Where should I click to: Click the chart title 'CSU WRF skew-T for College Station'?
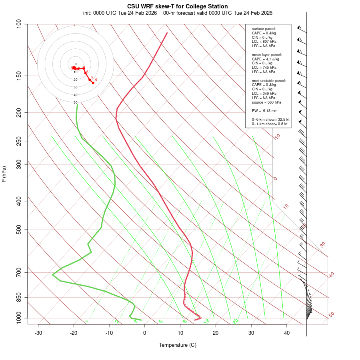178,6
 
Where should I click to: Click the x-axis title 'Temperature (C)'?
178,345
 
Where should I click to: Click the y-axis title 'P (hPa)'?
4,174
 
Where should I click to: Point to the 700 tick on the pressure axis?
19,272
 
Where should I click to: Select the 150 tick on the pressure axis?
19,76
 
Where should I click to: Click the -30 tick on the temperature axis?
38,333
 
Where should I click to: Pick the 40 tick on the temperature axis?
287,333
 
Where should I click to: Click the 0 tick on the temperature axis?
145,333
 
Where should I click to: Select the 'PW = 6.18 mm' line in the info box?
264,110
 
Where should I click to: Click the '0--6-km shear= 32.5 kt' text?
270,120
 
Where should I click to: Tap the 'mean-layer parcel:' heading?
267,54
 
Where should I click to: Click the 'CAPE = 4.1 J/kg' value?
265,59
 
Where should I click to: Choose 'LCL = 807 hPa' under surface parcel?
264,42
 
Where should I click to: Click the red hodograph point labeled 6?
93,83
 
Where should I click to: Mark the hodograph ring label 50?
75,102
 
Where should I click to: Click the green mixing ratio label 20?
236,321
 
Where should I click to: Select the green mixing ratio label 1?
87,322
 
